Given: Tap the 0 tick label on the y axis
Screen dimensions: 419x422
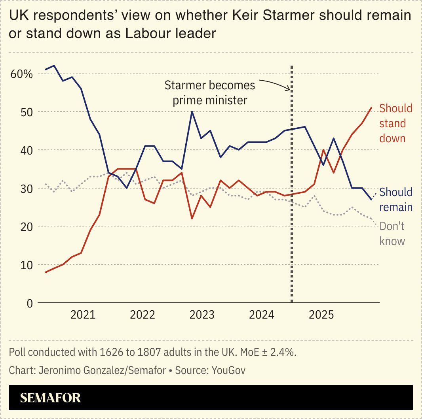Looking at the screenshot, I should (29, 303).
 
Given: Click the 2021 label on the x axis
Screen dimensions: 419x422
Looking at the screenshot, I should (83, 315).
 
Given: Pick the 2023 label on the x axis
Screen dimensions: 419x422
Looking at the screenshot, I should (202, 315).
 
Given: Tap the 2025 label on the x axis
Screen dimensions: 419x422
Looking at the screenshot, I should (321, 315).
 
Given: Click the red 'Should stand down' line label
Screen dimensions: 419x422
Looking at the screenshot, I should (395, 123).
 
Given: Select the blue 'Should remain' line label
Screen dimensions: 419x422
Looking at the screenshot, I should (395, 200).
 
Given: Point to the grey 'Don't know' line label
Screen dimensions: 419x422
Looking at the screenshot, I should (392, 234).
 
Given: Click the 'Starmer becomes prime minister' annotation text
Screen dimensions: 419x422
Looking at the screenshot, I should (210, 92).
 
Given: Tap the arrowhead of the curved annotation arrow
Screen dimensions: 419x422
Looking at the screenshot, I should (290, 90).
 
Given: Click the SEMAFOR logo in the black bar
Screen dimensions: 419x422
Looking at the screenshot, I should (50, 398).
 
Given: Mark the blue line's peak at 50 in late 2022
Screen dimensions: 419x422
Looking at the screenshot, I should (192, 111).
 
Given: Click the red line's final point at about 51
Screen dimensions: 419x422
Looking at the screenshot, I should (371, 108).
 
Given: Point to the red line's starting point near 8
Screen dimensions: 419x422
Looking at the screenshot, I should (46, 272).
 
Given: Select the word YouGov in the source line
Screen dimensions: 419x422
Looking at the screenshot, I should (228, 370).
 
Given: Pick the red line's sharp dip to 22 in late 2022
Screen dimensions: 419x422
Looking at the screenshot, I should (192, 219).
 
